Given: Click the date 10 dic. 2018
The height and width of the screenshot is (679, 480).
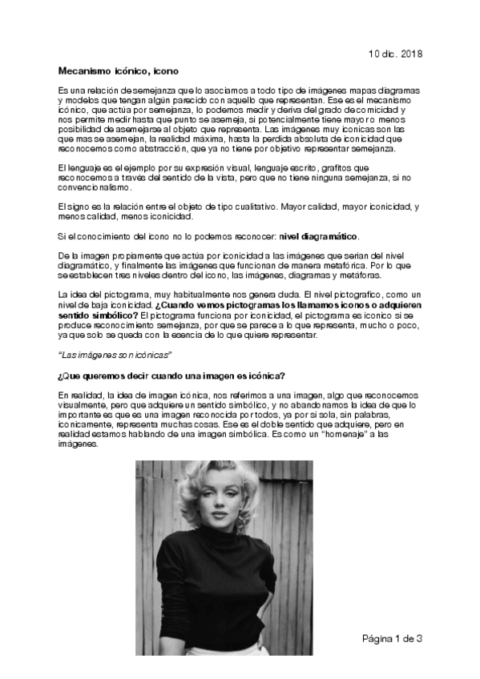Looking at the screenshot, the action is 394,54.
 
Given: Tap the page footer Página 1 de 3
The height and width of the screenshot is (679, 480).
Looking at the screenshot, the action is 392,638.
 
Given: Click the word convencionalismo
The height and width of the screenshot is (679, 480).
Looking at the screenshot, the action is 95,187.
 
